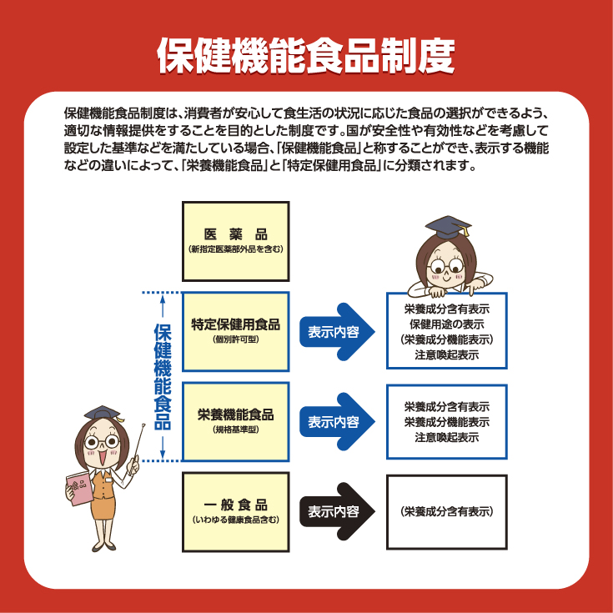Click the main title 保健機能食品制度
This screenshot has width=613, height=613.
point(306,55)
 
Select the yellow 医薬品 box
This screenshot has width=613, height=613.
point(236,241)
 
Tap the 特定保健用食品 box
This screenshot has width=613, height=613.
point(236,332)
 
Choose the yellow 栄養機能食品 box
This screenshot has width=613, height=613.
point(236,422)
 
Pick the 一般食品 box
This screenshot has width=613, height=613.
point(236,512)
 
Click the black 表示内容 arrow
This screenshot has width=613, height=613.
point(337,512)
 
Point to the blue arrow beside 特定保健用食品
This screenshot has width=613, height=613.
point(337,332)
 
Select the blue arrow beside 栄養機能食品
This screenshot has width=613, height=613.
point(337,421)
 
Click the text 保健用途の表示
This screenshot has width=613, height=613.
point(447,324)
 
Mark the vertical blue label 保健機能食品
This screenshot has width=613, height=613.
point(163,376)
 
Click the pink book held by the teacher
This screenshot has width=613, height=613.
point(80,488)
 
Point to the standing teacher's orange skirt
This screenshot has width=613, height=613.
point(103,508)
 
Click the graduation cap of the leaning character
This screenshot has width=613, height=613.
point(448,227)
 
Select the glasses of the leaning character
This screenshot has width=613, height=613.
point(445,267)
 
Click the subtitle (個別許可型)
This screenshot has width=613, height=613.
point(236,339)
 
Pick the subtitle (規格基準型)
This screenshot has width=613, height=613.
point(236,430)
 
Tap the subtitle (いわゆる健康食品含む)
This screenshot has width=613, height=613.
point(236,520)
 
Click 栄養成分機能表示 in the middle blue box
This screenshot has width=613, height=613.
point(447,422)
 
